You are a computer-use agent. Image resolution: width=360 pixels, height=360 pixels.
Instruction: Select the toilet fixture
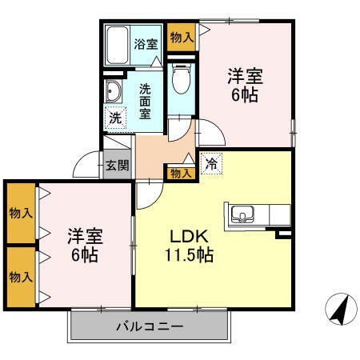pyautogui.click(x=182, y=78)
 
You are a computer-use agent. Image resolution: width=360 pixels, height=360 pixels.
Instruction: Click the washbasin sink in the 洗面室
pyautogui.click(x=113, y=91)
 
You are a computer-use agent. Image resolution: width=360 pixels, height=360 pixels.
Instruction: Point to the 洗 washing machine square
pyautogui.click(x=115, y=116)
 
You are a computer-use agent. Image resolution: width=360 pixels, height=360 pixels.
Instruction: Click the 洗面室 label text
pyautogui.click(x=146, y=101)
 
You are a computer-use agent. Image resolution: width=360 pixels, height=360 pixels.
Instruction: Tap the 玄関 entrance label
pyautogui.click(x=117, y=166)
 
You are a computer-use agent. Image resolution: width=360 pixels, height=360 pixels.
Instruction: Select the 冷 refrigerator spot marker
pyautogui.click(x=211, y=162)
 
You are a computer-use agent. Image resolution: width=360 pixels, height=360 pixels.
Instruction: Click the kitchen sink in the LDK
pyautogui.click(x=242, y=214)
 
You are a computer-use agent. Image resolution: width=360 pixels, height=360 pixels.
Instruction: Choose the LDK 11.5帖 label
pyautogui.click(x=189, y=246)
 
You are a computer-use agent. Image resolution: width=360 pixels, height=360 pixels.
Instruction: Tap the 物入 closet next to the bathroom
pyautogui.click(x=182, y=37)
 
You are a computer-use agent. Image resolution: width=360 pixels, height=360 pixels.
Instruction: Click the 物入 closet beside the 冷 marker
pyautogui.click(x=180, y=172)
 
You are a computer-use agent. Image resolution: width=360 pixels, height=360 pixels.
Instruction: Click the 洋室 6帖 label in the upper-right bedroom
pyautogui.click(x=246, y=85)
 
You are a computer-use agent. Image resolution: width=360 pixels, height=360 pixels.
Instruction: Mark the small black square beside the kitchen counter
pyautogui.click(x=283, y=234)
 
